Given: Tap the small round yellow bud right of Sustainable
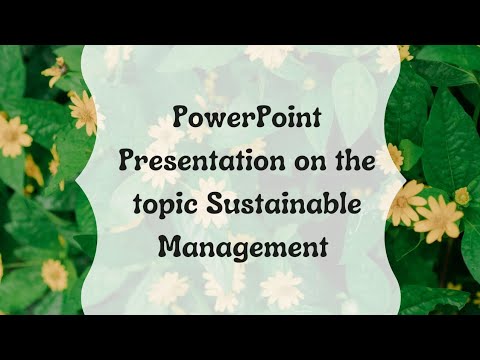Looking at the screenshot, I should pyautogui.click(x=461, y=196).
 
